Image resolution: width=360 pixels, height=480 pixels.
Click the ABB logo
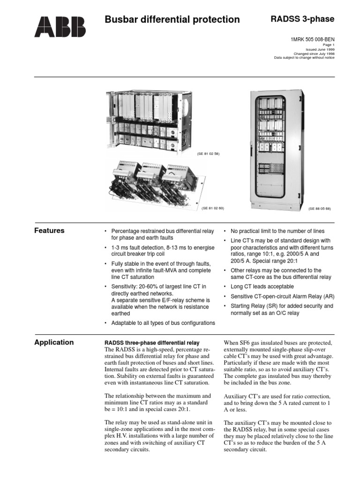coord(60,27)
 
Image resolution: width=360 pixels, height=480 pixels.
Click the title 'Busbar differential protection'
coord(172,20)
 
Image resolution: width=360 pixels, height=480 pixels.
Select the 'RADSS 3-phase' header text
coord(302,19)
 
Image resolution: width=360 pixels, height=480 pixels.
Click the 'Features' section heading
coord(50,231)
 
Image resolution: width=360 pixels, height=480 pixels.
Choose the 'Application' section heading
coord(54,342)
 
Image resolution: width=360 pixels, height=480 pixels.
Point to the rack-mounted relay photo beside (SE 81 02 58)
coord(149,122)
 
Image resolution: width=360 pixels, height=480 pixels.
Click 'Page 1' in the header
coord(329,45)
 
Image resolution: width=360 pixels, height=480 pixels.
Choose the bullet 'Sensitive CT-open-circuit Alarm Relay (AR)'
coord(282,296)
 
